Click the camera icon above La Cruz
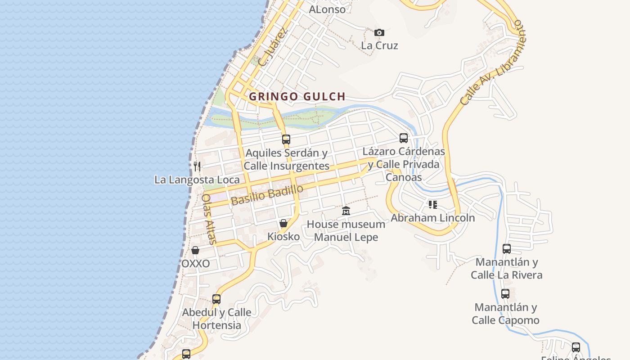379,32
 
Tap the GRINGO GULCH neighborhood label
297,96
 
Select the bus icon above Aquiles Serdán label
286,139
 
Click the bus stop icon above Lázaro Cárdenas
404,138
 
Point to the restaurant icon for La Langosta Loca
197,166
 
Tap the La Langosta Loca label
197,180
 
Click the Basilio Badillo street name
267,195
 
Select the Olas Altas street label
209,219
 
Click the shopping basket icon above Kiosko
283,223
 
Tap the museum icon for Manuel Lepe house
346,211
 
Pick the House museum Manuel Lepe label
346,230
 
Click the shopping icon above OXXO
195,250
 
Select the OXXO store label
195,264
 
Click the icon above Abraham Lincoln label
433,205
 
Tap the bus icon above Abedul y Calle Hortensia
216,299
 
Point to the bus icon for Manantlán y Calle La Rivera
507,248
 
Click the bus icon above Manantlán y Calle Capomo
505,294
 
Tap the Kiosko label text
283,236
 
